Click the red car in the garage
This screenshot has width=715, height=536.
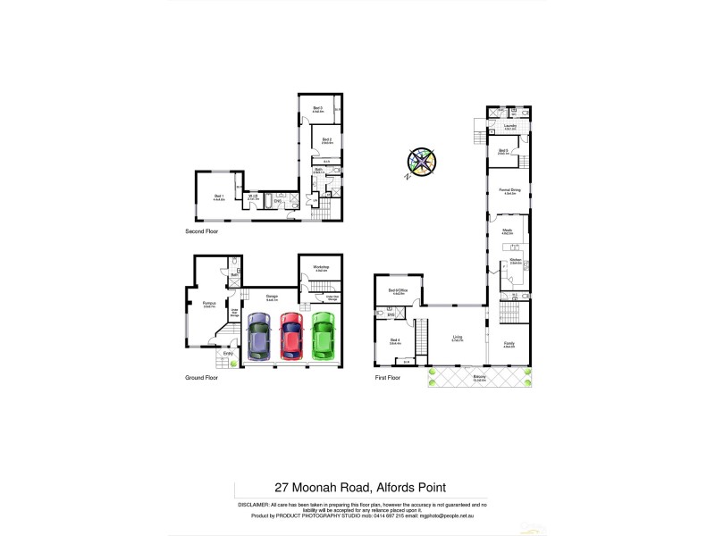pos(290,335)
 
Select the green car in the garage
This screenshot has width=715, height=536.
pos(322,335)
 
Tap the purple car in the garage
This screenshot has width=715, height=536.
pos(258,337)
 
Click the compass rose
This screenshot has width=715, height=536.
pos(421,163)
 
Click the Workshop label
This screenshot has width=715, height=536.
pos(321,267)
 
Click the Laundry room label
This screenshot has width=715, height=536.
pos(509,126)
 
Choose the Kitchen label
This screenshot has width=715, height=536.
pos(515,262)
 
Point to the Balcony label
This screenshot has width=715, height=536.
pos(480,376)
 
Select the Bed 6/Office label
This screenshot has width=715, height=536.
pos(398,291)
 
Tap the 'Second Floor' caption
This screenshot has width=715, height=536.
pos(201,230)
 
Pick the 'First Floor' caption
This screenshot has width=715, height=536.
pos(387,378)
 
